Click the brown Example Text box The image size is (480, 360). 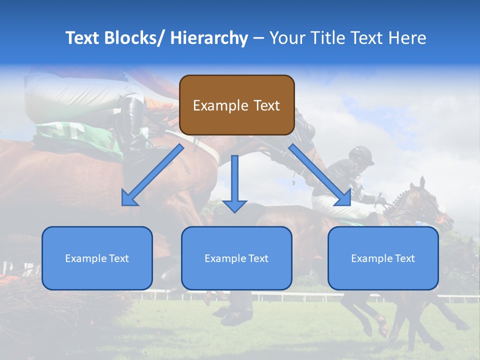tap(236, 105)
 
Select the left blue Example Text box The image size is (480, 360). tap(97, 258)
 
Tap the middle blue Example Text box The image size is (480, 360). tap(236, 258)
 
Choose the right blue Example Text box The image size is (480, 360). tap(383, 258)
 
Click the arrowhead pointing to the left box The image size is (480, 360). tap(129, 199)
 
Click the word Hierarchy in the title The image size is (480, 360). tap(209, 38)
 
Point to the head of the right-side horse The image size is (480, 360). tap(430, 205)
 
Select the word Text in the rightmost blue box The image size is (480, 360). tap(404, 258)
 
